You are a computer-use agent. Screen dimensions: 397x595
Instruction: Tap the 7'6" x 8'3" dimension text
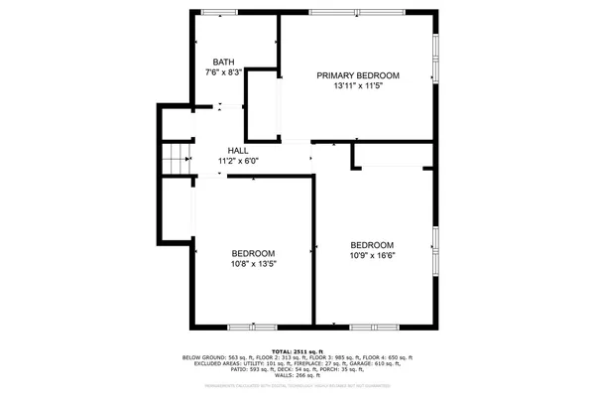pos(223,72)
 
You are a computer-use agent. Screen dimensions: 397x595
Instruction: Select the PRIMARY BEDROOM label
pos(358,76)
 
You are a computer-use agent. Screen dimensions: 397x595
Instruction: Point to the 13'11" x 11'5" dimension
pos(358,86)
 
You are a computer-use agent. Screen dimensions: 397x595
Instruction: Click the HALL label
pos(238,150)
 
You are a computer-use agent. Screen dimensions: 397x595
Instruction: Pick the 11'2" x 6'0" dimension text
pos(238,160)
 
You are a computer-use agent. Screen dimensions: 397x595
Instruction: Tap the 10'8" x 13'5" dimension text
pos(253,264)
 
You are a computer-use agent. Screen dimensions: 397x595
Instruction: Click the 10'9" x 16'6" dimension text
pos(372,256)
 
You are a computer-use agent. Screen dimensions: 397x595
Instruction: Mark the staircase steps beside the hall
pos(177,158)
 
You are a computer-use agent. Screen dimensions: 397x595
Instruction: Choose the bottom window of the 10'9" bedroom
pos(374,327)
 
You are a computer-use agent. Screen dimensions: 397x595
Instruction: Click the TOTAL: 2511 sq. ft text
pos(297,350)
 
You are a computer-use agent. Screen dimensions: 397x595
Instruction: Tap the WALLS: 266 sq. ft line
pos(297,375)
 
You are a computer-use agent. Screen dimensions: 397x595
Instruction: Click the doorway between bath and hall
pos(227,106)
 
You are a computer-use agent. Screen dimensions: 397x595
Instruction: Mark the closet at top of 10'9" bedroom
pos(394,154)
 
